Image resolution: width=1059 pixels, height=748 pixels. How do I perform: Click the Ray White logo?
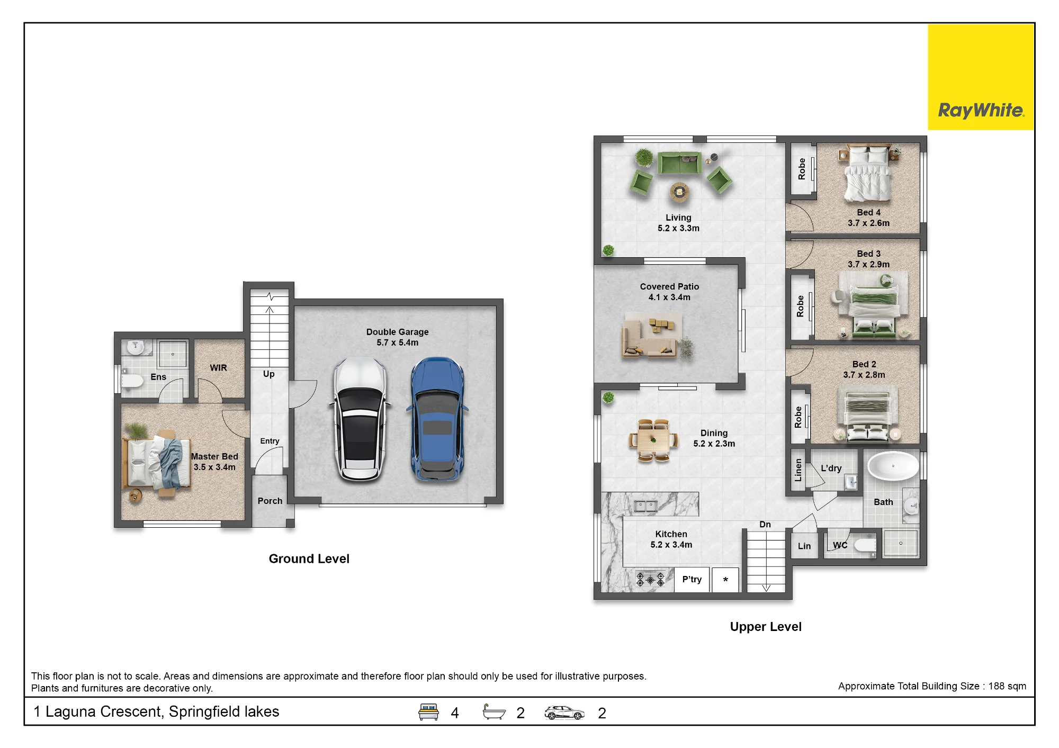(x=981, y=77)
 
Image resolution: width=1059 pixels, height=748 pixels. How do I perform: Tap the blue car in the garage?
(x=437, y=419)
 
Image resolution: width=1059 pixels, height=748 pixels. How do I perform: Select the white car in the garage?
(x=360, y=419)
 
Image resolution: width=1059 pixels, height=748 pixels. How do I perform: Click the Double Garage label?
(x=397, y=337)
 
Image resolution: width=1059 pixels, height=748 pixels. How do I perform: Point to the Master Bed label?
(x=214, y=462)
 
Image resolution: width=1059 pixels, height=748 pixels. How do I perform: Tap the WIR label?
(x=218, y=368)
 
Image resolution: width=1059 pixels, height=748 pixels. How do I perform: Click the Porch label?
(x=270, y=501)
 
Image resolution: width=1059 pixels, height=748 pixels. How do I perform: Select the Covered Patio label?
(x=669, y=292)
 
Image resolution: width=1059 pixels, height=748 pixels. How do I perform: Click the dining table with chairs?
(x=653, y=440)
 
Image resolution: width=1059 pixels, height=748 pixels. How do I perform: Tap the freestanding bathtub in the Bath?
(x=893, y=466)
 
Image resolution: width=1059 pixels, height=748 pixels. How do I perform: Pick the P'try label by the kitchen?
(x=692, y=579)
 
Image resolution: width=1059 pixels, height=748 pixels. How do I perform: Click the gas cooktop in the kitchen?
(x=651, y=580)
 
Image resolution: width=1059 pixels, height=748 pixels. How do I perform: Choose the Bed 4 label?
(x=868, y=218)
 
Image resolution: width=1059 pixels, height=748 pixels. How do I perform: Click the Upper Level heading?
(x=766, y=627)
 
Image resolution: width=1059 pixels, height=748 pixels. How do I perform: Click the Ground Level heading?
(x=309, y=559)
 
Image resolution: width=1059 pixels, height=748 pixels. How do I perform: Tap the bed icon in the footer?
(x=428, y=712)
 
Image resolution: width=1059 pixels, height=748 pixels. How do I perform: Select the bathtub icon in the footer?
(x=494, y=712)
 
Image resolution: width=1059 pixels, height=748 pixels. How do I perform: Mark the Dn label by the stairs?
(x=765, y=525)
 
